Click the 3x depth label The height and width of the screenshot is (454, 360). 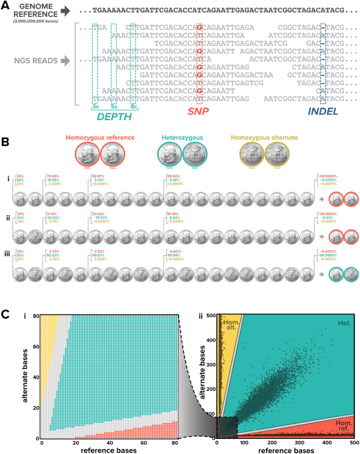tap(95, 106)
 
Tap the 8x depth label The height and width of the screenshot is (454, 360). tap(133, 106)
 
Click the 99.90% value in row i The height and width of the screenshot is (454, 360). tap(173, 176)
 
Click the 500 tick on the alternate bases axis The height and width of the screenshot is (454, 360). tap(211, 315)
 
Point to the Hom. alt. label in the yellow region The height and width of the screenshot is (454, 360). tap(231, 326)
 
